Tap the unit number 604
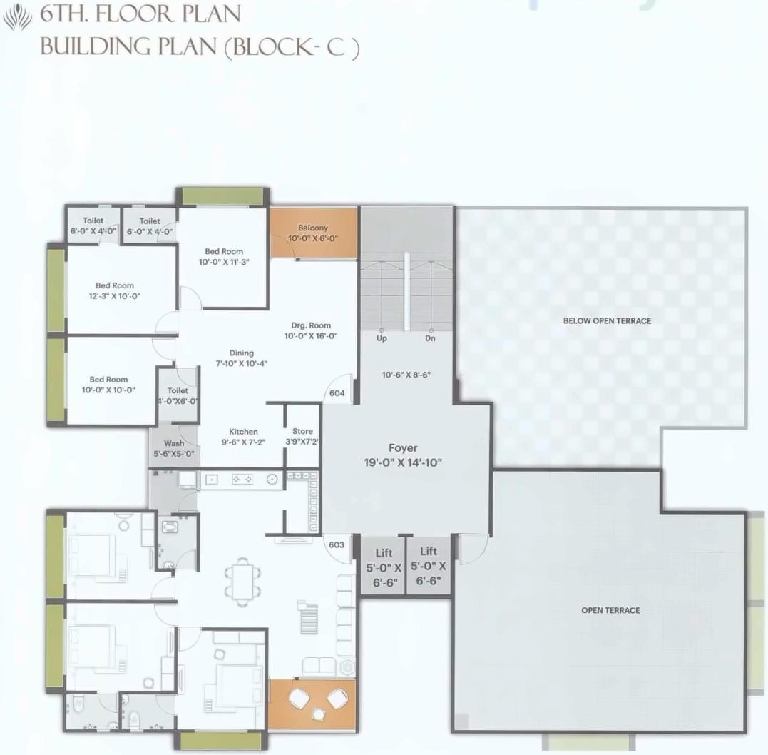[337, 393]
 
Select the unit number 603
[337, 544]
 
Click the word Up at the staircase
[382, 338]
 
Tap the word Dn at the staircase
[430, 338]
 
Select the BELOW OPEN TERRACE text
[607, 321]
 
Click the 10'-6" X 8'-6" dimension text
[406, 374]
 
